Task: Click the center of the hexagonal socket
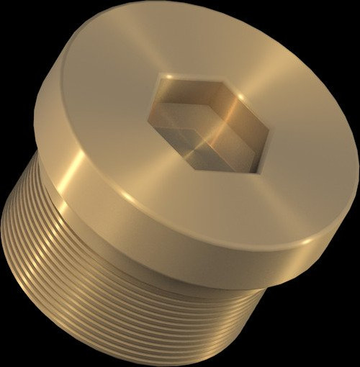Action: coord(209,124)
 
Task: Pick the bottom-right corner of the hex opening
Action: coord(253,173)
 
